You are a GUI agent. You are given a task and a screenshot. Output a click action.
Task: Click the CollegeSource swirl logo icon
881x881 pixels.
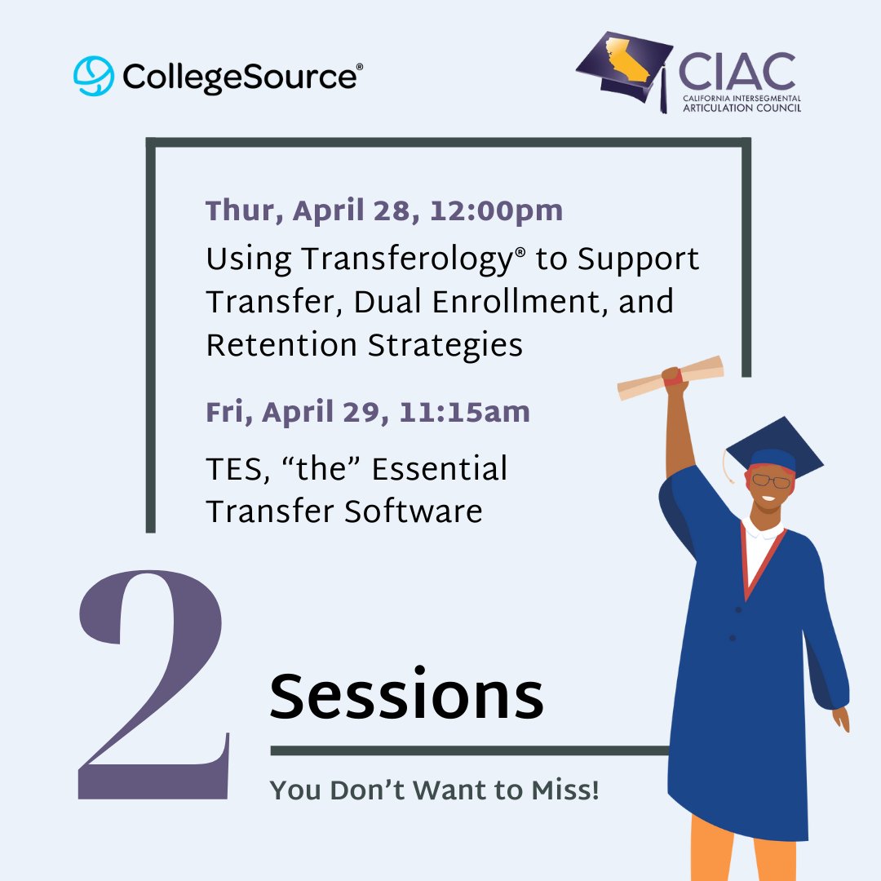click(x=94, y=76)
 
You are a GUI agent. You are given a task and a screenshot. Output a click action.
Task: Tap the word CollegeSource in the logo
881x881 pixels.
click(x=239, y=77)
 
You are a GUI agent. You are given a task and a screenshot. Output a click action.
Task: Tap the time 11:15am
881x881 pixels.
click(x=464, y=413)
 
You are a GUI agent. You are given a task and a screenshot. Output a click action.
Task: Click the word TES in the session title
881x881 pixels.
click(x=232, y=469)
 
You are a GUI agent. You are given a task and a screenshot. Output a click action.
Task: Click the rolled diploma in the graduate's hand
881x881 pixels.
click(x=671, y=377)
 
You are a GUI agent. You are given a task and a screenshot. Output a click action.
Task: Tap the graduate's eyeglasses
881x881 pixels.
click(x=772, y=481)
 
